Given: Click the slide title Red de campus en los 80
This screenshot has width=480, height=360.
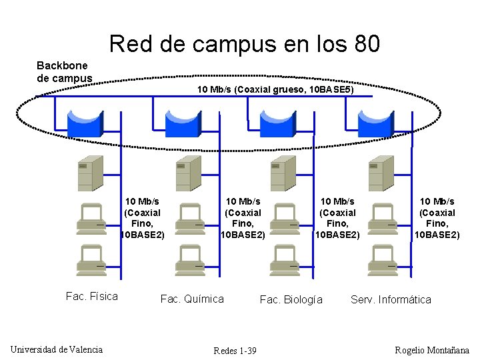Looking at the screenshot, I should (245, 44).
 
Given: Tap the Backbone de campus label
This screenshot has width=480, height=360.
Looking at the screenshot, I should (64, 72).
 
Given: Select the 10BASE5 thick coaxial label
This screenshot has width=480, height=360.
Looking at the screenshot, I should (275, 89).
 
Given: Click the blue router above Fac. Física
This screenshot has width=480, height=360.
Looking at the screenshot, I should (85, 122).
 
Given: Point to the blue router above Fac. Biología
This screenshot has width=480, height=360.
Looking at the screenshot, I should (278, 122).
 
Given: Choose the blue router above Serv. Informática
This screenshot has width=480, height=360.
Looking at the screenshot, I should (376, 122).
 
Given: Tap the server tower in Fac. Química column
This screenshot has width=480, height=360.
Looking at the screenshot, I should (187, 173).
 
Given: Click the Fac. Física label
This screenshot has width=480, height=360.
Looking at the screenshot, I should (92, 296).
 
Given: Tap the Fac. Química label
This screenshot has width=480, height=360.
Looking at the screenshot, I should (192, 299).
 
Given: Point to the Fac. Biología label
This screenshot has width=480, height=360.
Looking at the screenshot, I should (291, 299).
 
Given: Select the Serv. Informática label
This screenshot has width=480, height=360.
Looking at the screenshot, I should (391, 299).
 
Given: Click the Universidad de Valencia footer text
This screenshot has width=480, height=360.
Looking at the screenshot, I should (57, 349).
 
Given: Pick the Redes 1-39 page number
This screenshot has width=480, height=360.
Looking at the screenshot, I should (235, 351).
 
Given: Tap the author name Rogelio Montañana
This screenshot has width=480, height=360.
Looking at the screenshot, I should (432, 350).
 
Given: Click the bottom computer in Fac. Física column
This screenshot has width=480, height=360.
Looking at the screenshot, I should (91, 259).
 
